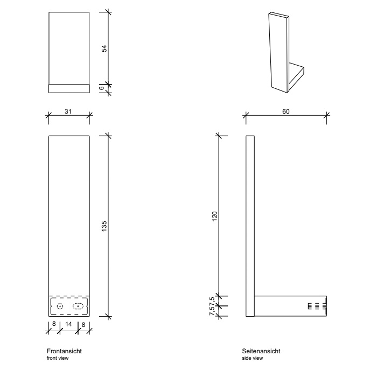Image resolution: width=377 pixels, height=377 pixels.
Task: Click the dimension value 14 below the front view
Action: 69,325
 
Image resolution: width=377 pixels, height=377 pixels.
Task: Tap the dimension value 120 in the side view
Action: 214,215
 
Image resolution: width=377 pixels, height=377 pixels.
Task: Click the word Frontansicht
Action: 64,351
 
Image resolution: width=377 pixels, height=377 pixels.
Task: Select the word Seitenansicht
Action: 261,351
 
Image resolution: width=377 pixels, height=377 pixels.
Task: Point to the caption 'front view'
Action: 57,358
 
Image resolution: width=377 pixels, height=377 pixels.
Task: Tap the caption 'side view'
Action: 253,358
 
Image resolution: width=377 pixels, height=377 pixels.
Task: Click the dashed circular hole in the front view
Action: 60,306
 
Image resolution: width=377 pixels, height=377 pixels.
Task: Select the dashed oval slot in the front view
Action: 79,306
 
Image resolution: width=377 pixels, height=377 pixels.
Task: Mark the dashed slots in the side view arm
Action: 317,306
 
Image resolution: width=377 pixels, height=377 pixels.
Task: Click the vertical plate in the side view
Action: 250,226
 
